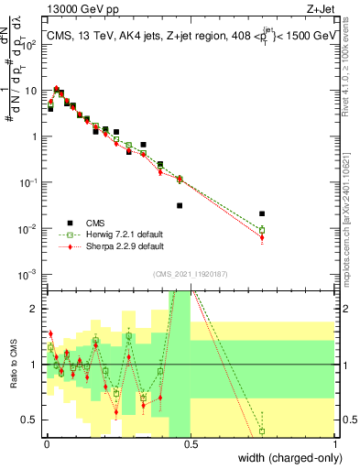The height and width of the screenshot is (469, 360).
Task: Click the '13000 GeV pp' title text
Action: point(78,12)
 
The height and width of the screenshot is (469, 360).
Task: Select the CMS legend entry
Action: point(96,222)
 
